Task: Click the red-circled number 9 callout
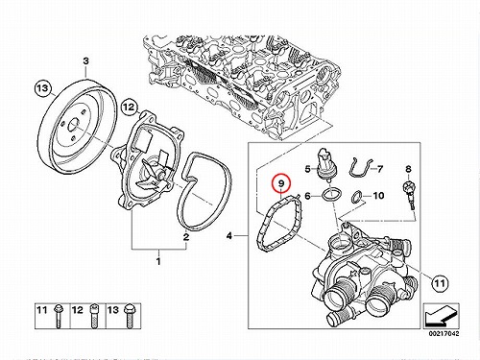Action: [x=280, y=183]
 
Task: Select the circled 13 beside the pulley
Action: [x=43, y=87]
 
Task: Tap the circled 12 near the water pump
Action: [x=130, y=108]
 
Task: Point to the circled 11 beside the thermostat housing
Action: [x=440, y=283]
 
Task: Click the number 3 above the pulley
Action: [x=85, y=60]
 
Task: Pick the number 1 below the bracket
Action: [x=158, y=261]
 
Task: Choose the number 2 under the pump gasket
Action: [x=186, y=237]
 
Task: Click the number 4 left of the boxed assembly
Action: [x=229, y=236]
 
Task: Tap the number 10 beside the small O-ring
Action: [x=378, y=195]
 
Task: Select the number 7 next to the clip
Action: [x=380, y=169]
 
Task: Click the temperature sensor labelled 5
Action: [x=324, y=164]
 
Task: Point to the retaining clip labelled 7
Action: [x=360, y=167]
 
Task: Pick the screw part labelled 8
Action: [x=409, y=195]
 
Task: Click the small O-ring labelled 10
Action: [x=357, y=197]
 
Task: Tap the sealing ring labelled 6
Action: [x=331, y=194]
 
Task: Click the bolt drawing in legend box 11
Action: [x=59, y=316]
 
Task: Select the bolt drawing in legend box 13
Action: [x=129, y=316]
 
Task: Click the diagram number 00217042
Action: [x=444, y=333]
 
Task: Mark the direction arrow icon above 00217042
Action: [x=441, y=315]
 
